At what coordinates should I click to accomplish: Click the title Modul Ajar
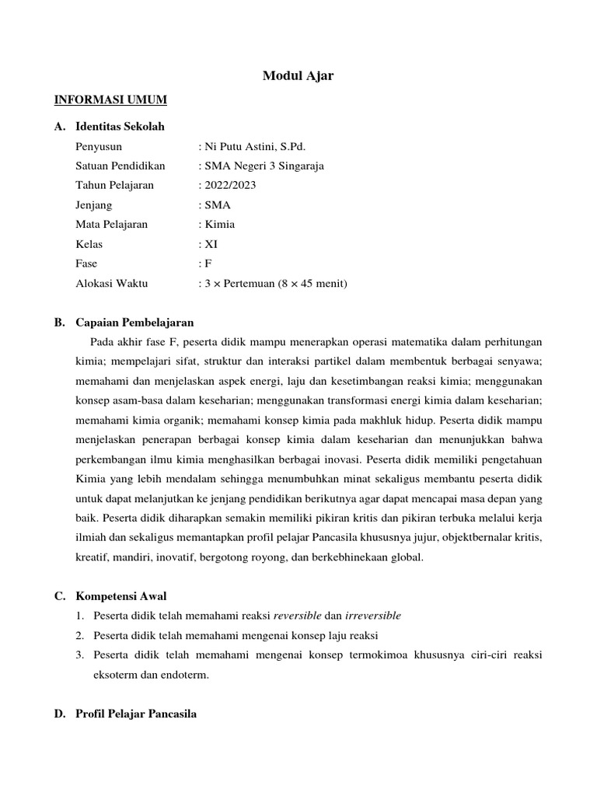pyautogui.click(x=298, y=75)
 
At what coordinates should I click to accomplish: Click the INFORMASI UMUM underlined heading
pyautogui.click(x=110, y=100)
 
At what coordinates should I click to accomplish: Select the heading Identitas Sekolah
pyautogui.click(x=120, y=126)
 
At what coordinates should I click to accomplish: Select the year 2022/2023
pyautogui.click(x=230, y=185)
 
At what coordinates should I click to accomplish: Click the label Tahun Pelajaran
pyautogui.click(x=114, y=185)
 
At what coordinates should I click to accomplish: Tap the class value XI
pyautogui.click(x=211, y=244)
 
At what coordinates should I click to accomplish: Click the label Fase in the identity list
pyautogui.click(x=86, y=264)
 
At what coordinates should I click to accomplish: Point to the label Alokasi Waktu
pyautogui.click(x=111, y=284)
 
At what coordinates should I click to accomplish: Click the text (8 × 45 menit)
pyautogui.click(x=312, y=284)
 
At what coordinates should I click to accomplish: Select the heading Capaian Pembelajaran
pyautogui.click(x=134, y=322)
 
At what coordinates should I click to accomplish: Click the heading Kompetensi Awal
pyautogui.click(x=120, y=596)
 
